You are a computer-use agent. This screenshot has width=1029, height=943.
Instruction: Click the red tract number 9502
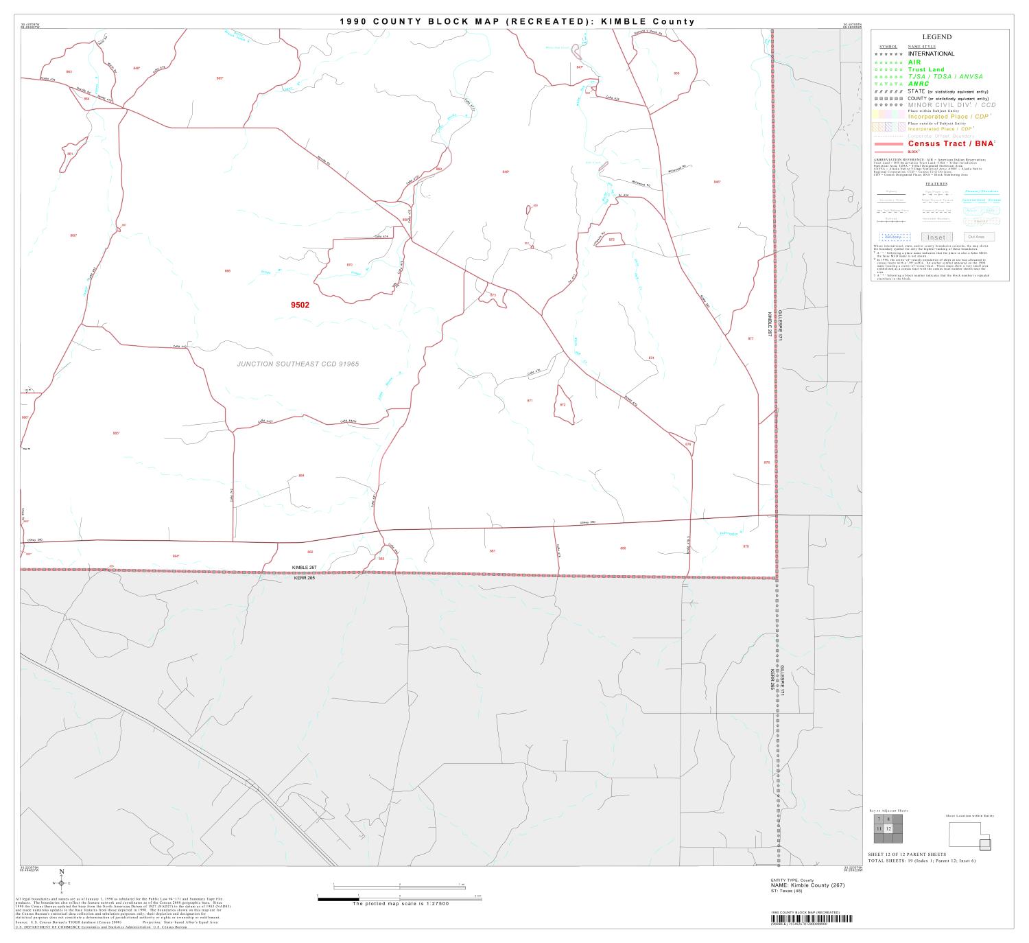click(x=300, y=305)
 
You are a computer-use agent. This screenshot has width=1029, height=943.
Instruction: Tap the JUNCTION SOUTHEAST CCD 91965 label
click(x=298, y=364)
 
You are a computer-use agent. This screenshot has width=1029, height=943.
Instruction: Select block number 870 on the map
click(x=349, y=264)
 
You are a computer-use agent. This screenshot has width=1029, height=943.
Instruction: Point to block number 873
click(x=493, y=295)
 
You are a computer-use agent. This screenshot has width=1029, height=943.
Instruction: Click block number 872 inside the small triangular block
click(x=563, y=405)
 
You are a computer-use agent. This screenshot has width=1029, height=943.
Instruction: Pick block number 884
click(x=301, y=475)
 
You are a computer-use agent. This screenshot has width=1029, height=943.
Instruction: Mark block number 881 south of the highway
click(x=492, y=551)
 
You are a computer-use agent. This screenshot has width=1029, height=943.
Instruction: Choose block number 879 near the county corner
click(x=746, y=546)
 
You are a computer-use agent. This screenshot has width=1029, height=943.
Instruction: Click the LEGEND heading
click(x=936, y=37)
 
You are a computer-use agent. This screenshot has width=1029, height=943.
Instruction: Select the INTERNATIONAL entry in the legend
click(x=931, y=54)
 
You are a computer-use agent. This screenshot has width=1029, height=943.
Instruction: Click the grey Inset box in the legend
click(x=936, y=237)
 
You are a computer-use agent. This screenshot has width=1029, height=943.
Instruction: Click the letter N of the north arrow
click(x=62, y=872)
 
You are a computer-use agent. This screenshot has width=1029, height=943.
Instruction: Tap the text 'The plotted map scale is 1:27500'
click(x=400, y=904)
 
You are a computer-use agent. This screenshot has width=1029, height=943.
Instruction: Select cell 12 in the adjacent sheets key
click(x=888, y=829)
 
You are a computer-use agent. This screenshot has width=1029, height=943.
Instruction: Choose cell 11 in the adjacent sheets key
click(x=879, y=829)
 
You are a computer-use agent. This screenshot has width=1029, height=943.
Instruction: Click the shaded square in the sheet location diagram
click(x=985, y=844)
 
